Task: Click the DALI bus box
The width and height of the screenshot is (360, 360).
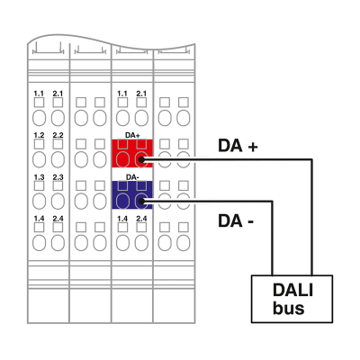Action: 292,298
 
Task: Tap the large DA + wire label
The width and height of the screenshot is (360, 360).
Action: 238,145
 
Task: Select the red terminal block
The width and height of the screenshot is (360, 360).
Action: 132,154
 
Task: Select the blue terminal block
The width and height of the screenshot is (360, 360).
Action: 132,194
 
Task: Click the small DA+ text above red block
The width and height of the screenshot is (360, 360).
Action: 132,134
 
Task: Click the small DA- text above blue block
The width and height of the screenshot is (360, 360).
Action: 132,176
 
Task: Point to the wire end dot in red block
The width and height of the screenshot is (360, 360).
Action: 141,160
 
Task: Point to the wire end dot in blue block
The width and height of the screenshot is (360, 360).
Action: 141,202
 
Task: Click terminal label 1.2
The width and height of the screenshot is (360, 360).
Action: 39,135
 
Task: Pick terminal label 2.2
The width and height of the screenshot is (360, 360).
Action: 58,135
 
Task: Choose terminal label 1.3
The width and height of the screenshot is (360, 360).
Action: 39,177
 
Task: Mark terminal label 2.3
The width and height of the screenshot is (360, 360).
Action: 58,177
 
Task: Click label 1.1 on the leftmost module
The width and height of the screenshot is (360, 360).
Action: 39,94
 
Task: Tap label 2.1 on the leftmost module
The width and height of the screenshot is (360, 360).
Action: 58,94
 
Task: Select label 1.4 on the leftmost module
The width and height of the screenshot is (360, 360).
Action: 39,219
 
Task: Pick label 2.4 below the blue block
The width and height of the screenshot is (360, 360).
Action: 141,219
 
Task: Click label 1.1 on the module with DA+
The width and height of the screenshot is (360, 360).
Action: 122,94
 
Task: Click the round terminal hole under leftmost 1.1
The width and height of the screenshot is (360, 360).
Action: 39,119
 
